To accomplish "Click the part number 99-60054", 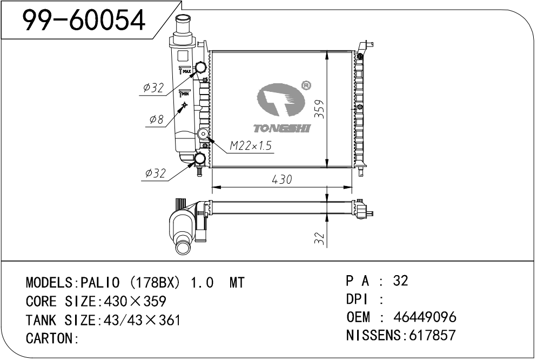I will (x=84, y=20).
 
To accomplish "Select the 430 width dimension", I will (x=281, y=179).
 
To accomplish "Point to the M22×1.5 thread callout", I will (x=250, y=145).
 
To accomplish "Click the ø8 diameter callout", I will (x=155, y=119).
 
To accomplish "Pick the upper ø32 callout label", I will (x=153, y=88).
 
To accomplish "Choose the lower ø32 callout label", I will (x=155, y=173).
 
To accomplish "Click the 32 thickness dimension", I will (x=319, y=238).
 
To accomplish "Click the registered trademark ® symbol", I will (x=305, y=85).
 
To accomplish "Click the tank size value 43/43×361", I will (x=138, y=320).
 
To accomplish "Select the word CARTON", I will (x=49, y=339).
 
